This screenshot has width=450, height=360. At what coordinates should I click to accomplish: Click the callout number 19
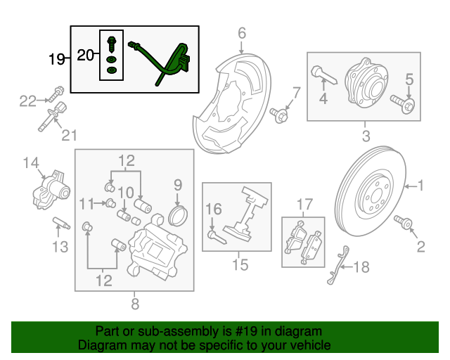[56, 59]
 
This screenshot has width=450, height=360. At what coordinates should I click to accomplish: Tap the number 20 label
[85, 55]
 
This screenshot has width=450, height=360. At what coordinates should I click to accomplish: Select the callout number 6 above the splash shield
[241, 33]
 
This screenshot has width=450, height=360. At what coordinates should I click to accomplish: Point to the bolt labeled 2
[406, 223]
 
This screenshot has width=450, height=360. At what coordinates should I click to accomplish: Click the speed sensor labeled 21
[56, 114]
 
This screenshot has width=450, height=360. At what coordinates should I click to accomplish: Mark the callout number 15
[240, 265]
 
